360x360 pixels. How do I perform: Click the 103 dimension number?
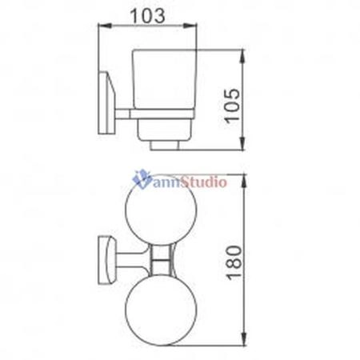(x=147, y=15)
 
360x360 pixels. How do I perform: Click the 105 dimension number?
(x=231, y=106)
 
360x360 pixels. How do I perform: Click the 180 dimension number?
(x=234, y=263)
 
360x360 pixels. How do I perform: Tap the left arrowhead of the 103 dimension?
(x=105, y=26)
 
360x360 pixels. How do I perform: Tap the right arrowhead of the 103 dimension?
(x=190, y=26)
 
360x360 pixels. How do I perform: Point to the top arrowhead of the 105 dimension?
(x=242, y=56)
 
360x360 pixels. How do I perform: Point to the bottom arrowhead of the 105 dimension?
(x=242, y=144)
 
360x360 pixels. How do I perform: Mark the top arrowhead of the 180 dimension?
(x=243, y=181)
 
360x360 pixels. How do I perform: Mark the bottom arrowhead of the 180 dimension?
(x=243, y=339)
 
